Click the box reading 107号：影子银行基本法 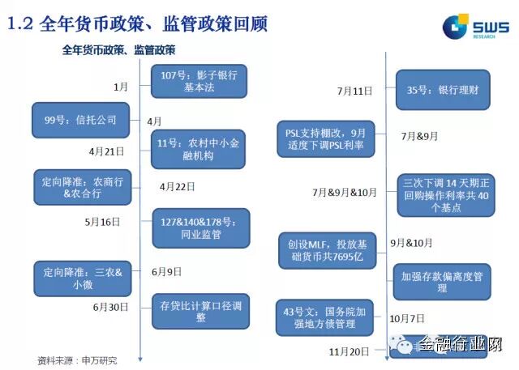click(199, 81)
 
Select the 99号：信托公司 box click(80, 121)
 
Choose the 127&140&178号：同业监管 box click(200, 228)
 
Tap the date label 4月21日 click(107, 151)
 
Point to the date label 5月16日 click(102, 220)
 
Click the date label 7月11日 click(354, 90)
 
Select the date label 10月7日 click(406, 318)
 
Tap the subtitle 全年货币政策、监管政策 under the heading click(119, 50)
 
